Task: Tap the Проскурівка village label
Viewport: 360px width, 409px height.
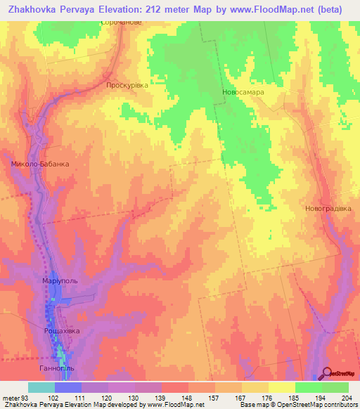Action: point(127,85)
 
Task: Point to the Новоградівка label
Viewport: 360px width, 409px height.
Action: point(328,209)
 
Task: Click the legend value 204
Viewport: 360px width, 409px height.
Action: point(345,396)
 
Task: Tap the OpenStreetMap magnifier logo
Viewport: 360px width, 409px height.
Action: point(328,374)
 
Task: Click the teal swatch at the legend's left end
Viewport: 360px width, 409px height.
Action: point(41,387)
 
